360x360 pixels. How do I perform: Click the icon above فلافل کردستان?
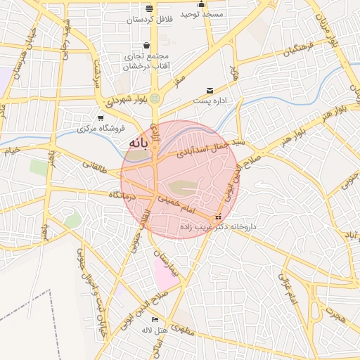tap(149, 8)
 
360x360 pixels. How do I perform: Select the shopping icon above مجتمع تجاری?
tap(146, 45)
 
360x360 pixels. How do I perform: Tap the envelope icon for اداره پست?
tap(210, 91)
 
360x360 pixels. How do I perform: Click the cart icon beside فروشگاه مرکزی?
tap(101, 118)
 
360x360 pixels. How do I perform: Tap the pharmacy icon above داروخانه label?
tap(218, 217)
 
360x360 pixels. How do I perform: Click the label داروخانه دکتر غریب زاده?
tap(218, 227)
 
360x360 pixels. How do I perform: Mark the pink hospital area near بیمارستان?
tap(164, 273)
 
